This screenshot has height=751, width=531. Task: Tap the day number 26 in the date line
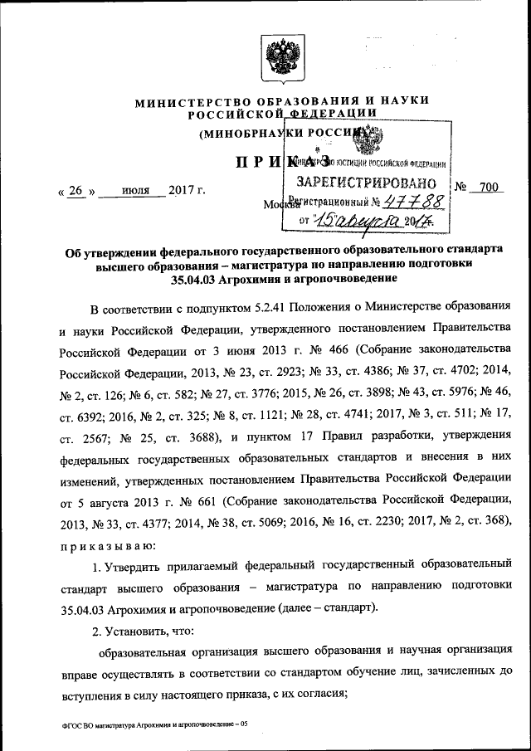pyautogui.click(x=76, y=189)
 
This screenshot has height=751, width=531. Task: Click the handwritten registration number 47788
pyautogui.click(x=420, y=201)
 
